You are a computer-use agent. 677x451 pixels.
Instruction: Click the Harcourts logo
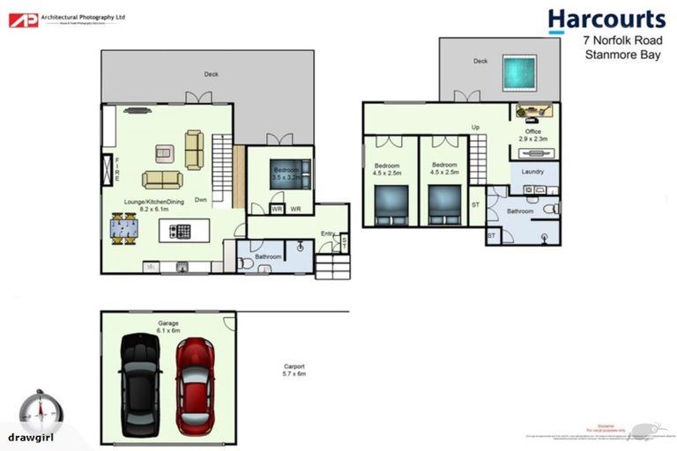(x=606, y=20)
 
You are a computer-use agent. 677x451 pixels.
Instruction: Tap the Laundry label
(x=532, y=172)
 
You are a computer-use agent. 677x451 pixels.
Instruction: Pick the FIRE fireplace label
(x=117, y=168)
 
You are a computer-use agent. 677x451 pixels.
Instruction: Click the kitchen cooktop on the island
(x=181, y=232)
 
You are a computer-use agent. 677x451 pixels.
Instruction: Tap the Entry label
(x=328, y=233)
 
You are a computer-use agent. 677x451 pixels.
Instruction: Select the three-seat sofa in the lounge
(x=163, y=180)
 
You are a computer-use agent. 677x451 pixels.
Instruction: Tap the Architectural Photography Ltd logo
(x=66, y=18)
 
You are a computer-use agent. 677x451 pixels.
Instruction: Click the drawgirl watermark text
(x=32, y=437)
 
